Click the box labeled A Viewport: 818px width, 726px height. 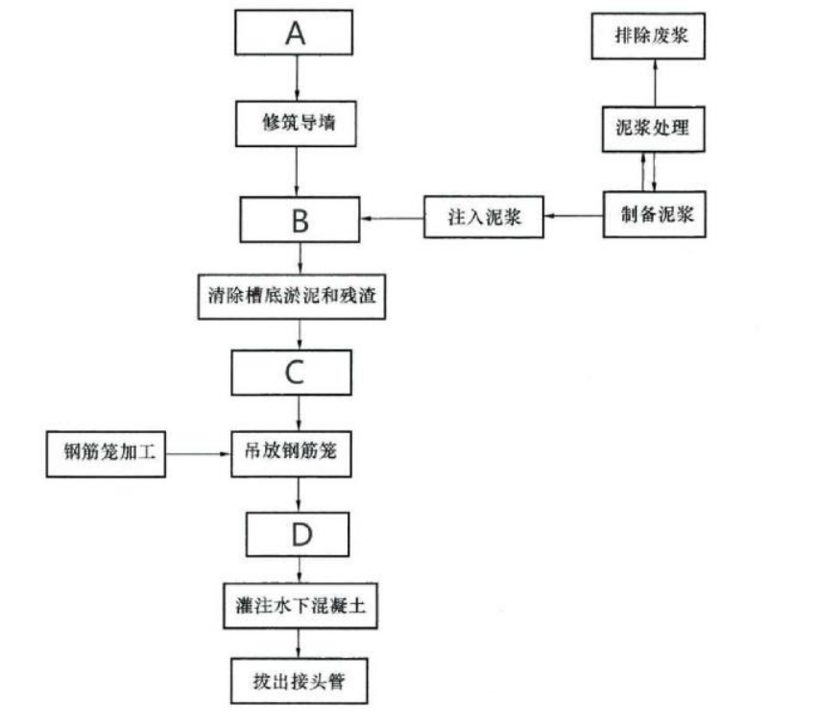click(296, 34)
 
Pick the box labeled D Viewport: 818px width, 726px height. click(301, 534)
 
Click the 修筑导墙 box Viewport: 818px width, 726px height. click(298, 123)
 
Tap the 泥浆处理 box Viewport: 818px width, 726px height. click(652, 128)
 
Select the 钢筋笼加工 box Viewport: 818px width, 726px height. click(106, 453)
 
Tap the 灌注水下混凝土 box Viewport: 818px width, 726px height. click(298, 607)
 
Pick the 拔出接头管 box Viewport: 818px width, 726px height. click(299, 681)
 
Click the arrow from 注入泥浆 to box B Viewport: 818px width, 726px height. click(393, 218)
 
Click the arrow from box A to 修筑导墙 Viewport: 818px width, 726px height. click(298, 78)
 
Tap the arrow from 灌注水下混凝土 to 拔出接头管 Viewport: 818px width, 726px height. click(300, 643)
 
